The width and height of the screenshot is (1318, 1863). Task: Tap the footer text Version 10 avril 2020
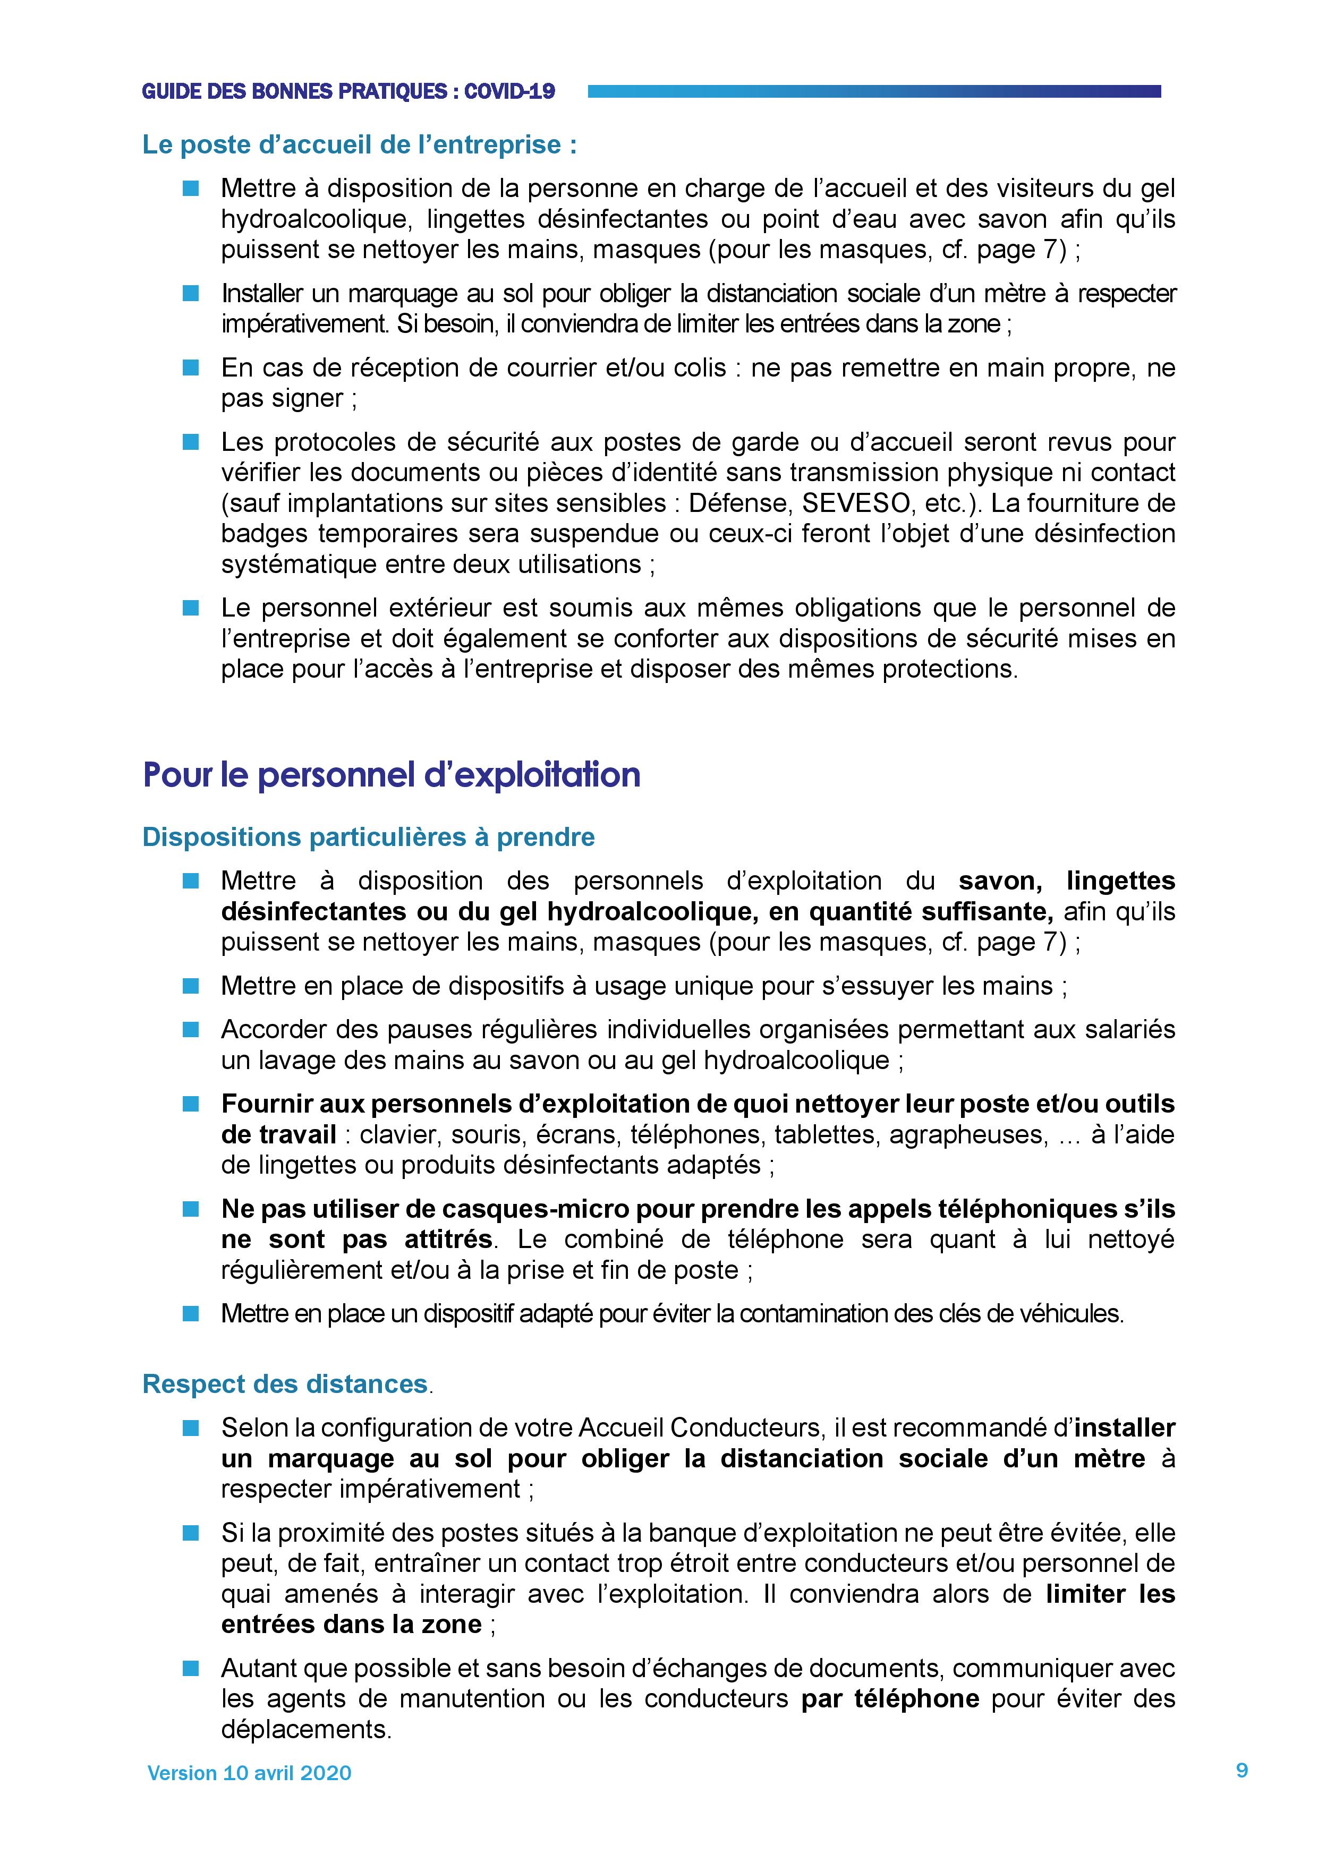(249, 1773)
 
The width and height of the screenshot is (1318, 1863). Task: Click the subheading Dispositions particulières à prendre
(369, 838)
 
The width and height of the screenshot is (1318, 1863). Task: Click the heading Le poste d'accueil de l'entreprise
(360, 144)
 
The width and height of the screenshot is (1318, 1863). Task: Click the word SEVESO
(855, 503)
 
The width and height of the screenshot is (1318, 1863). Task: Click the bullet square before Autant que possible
(191, 1668)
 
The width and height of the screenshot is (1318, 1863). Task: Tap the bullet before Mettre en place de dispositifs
(191, 986)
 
